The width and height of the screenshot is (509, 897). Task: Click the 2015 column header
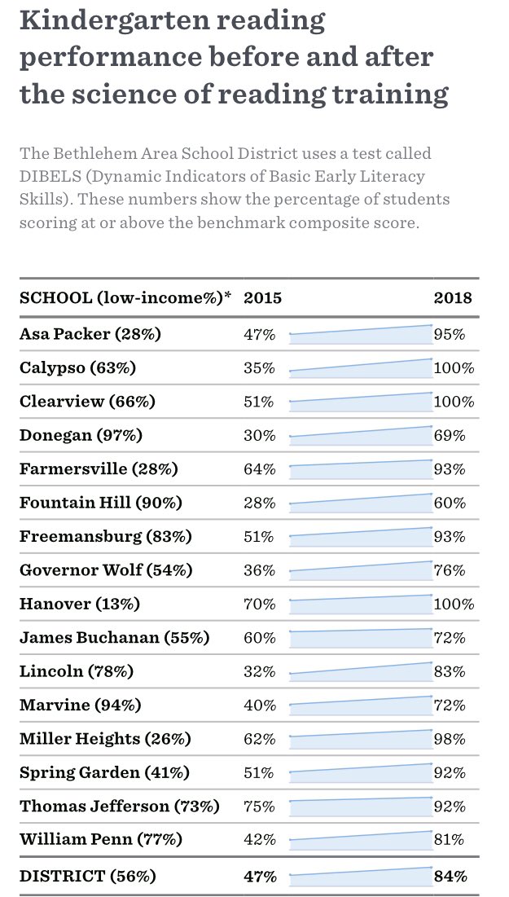[262, 297]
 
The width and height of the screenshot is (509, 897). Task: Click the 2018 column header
[452, 297]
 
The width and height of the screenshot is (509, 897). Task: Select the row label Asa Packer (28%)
[90, 334]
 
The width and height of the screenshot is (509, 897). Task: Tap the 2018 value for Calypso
[454, 367]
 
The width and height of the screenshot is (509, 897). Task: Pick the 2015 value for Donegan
[260, 435]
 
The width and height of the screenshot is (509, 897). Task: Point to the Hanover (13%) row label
[80, 605]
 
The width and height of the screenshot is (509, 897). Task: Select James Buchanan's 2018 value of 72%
[450, 638]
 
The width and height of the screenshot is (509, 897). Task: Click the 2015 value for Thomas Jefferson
[260, 807]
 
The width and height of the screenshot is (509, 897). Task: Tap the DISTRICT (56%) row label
[88, 877]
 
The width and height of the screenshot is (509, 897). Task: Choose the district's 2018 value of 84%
[450, 877]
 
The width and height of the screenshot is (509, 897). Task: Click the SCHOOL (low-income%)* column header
[125, 297]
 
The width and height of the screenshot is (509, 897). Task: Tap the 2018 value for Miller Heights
[450, 740]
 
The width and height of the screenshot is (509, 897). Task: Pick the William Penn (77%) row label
[101, 839]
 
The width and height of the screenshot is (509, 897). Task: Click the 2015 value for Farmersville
[260, 469]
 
